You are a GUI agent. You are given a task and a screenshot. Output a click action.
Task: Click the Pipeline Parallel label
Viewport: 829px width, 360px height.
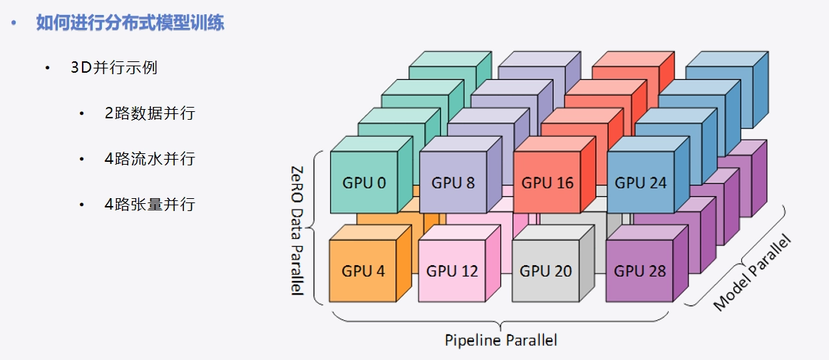pos(501,339)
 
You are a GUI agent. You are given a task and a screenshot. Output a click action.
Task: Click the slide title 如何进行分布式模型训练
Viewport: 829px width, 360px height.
pos(130,24)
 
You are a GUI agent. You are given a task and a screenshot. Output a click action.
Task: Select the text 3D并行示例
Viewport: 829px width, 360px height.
pos(113,68)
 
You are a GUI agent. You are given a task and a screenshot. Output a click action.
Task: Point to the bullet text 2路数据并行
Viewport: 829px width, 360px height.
pos(150,113)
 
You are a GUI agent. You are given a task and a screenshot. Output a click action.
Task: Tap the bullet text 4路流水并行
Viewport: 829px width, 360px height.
pos(150,158)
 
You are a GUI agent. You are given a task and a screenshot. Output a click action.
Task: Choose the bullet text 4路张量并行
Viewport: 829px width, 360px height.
pos(150,204)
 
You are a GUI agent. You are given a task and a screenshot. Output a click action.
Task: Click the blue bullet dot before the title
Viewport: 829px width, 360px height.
pos(14,24)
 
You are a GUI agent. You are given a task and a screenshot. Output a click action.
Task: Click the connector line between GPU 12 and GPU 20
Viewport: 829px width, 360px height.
pos(507,272)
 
